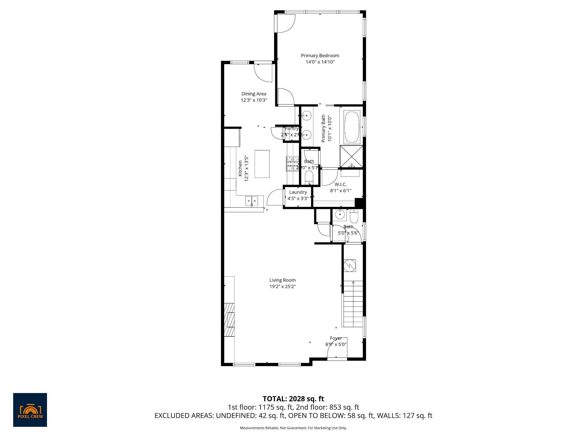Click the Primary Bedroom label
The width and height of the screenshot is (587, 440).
click(320, 56)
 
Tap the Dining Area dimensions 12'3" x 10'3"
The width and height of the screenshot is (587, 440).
click(254, 100)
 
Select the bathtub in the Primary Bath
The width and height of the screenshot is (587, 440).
click(352, 127)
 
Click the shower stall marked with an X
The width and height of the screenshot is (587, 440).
click(351, 156)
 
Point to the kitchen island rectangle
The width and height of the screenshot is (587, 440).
click(262, 164)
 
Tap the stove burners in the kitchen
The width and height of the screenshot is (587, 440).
click(292, 164)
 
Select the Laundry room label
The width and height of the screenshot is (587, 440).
click(298, 192)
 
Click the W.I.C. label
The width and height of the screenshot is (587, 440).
click(341, 184)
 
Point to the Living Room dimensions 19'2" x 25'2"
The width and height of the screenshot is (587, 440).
click(282, 286)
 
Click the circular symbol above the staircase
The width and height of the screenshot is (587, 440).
click(350, 266)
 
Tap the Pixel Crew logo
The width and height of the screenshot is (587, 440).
click(30, 410)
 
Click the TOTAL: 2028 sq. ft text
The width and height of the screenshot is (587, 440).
click(293, 399)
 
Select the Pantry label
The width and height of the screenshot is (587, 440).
click(291, 129)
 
